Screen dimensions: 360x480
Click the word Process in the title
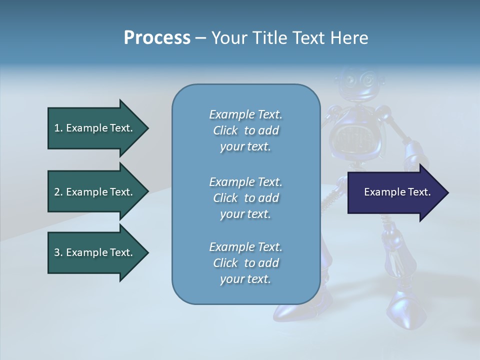coord(157,38)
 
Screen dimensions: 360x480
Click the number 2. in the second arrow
coord(58,192)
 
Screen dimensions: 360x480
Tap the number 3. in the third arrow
coord(58,252)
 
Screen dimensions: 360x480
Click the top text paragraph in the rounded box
coord(245,130)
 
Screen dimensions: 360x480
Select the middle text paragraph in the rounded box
coord(245,198)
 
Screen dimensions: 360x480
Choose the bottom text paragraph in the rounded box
coord(245,263)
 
